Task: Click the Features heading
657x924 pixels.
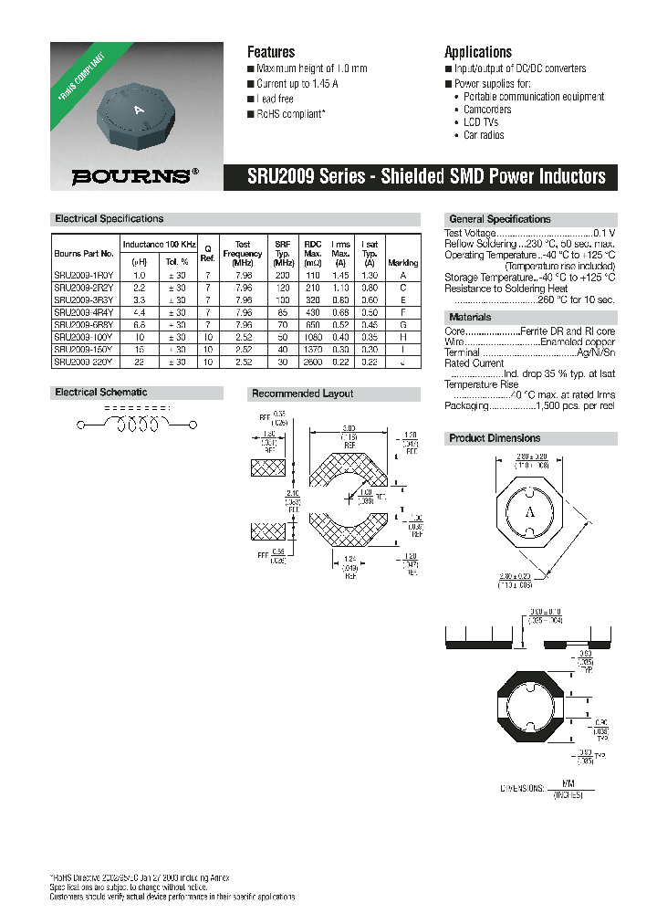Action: pyautogui.click(x=271, y=52)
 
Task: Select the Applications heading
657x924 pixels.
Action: pyautogui.click(x=477, y=52)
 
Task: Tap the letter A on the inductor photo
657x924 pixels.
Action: pyautogui.click(x=140, y=110)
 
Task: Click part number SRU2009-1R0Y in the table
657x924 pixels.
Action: pyautogui.click(x=84, y=275)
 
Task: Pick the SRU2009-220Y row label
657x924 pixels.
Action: pyautogui.click(x=84, y=362)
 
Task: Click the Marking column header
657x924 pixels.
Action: pyautogui.click(x=403, y=262)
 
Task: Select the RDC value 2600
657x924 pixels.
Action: pyautogui.click(x=313, y=362)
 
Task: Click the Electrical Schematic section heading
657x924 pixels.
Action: pyautogui.click(x=101, y=393)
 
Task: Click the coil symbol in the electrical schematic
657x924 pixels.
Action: pyautogui.click(x=137, y=425)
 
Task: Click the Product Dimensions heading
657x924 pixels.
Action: pyautogui.click(x=495, y=438)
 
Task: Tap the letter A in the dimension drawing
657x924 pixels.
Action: pyautogui.click(x=528, y=513)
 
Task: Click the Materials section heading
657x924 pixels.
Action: pyautogui.click(x=470, y=318)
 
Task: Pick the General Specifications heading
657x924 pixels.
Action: pyautogui.click(x=499, y=219)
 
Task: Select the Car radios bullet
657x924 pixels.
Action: pyautogui.click(x=484, y=135)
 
